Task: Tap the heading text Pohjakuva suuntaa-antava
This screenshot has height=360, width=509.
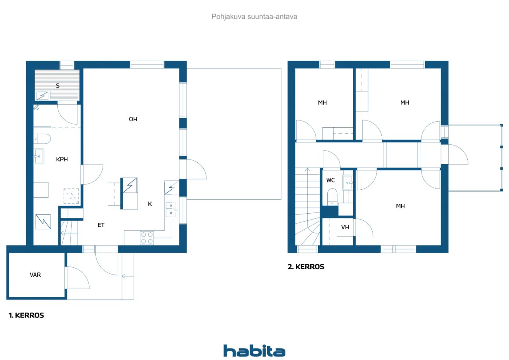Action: coord(254,17)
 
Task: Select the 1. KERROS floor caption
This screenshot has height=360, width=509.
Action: coord(26,315)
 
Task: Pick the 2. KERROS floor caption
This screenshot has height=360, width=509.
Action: coord(306,267)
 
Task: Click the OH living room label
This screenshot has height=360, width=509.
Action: coord(133,119)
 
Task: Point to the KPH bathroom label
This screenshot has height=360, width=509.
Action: coord(62,160)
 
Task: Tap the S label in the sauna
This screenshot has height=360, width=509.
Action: coord(58,86)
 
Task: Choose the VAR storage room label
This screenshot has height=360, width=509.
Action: coord(35,275)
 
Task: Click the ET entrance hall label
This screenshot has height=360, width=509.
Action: coord(101,225)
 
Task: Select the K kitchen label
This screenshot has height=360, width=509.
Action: coord(150,204)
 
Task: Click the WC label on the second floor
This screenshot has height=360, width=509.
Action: coord(330,180)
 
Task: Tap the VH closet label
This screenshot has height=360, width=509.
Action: coord(345,227)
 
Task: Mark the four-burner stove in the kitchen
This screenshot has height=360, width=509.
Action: coord(147,238)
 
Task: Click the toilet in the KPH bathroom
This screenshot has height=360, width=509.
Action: coord(42,139)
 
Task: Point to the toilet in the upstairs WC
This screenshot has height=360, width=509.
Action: coord(332,197)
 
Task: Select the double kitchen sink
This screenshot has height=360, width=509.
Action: coord(171,210)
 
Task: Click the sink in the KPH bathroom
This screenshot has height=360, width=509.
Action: coord(39,156)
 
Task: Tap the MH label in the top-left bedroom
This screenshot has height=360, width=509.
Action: coord(322,103)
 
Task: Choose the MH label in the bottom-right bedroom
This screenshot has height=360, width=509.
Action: coord(400,206)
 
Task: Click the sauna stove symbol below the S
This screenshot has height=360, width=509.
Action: coord(42,96)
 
